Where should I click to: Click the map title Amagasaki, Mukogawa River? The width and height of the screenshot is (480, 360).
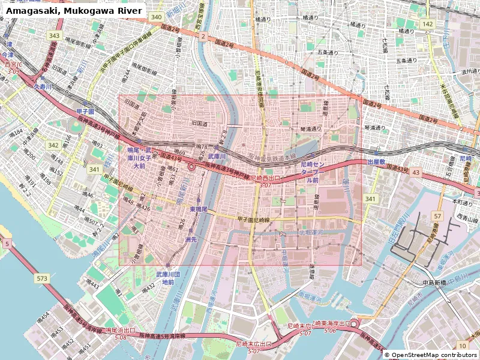pos(75,11)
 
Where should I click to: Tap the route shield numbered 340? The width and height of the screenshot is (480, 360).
pos(157,17)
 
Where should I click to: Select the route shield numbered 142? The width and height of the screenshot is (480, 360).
pos(427,23)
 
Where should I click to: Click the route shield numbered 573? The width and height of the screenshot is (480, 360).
pos(41,278)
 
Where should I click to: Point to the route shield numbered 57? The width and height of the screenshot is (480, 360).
pos(438,215)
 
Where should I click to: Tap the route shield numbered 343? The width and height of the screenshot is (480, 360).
pos(55,36)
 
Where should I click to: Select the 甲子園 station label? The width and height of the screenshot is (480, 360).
pos(86,112)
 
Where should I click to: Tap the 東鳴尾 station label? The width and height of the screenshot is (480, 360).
pos(198,209)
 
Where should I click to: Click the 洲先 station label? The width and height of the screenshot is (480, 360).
pos(191,239)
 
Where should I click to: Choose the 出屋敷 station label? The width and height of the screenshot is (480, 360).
pos(376,162)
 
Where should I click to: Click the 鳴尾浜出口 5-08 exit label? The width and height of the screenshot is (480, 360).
pos(121,334)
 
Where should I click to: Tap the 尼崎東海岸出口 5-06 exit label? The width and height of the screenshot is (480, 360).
pos(330,327)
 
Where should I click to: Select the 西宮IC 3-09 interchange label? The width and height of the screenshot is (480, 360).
pos(13,67)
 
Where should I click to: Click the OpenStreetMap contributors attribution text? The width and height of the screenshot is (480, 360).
pos(431,355)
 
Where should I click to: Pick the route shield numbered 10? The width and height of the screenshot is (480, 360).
pos(461,346)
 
